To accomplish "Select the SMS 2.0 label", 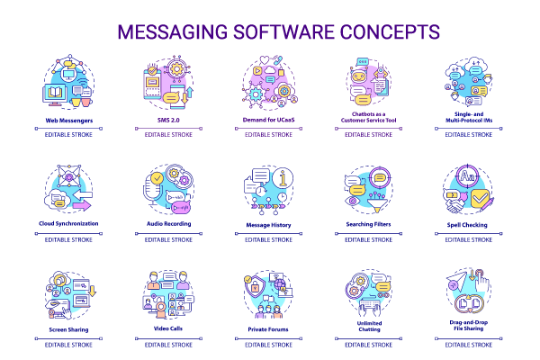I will coord(168,120).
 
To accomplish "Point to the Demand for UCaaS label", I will coord(269,120).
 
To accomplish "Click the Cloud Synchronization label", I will coord(68,223).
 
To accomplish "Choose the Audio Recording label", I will coord(168,223).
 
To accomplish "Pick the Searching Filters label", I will coord(370,223).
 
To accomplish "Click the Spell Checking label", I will coord(470,223).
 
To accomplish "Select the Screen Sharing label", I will coord(67,329).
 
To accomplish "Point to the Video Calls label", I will coord(168,329).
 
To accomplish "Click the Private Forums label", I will coord(269,329).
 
